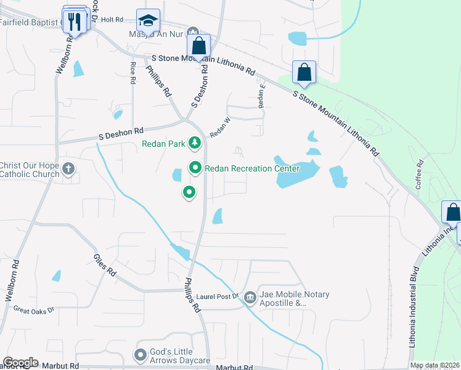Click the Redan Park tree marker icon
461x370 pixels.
pyautogui.click(x=195, y=144)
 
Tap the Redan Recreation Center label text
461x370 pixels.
pyautogui.click(x=252, y=168)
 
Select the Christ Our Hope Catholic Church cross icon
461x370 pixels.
pyautogui.click(x=68, y=167)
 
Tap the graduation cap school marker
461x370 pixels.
pyautogui.click(x=148, y=22)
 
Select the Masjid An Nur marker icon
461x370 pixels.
pyautogui.click(x=193, y=33)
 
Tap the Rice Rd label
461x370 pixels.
pyautogui.click(x=133, y=73)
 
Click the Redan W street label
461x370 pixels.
pyautogui.click(x=219, y=127)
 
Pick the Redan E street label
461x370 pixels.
pyautogui.click(x=262, y=96)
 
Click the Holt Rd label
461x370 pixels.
pyautogui.click(x=112, y=20)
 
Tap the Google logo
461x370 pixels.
pyautogui.click(x=20, y=363)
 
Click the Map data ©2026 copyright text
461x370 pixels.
pyautogui.click(x=434, y=365)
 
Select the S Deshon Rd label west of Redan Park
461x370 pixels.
pyautogui.click(x=121, y=131)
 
